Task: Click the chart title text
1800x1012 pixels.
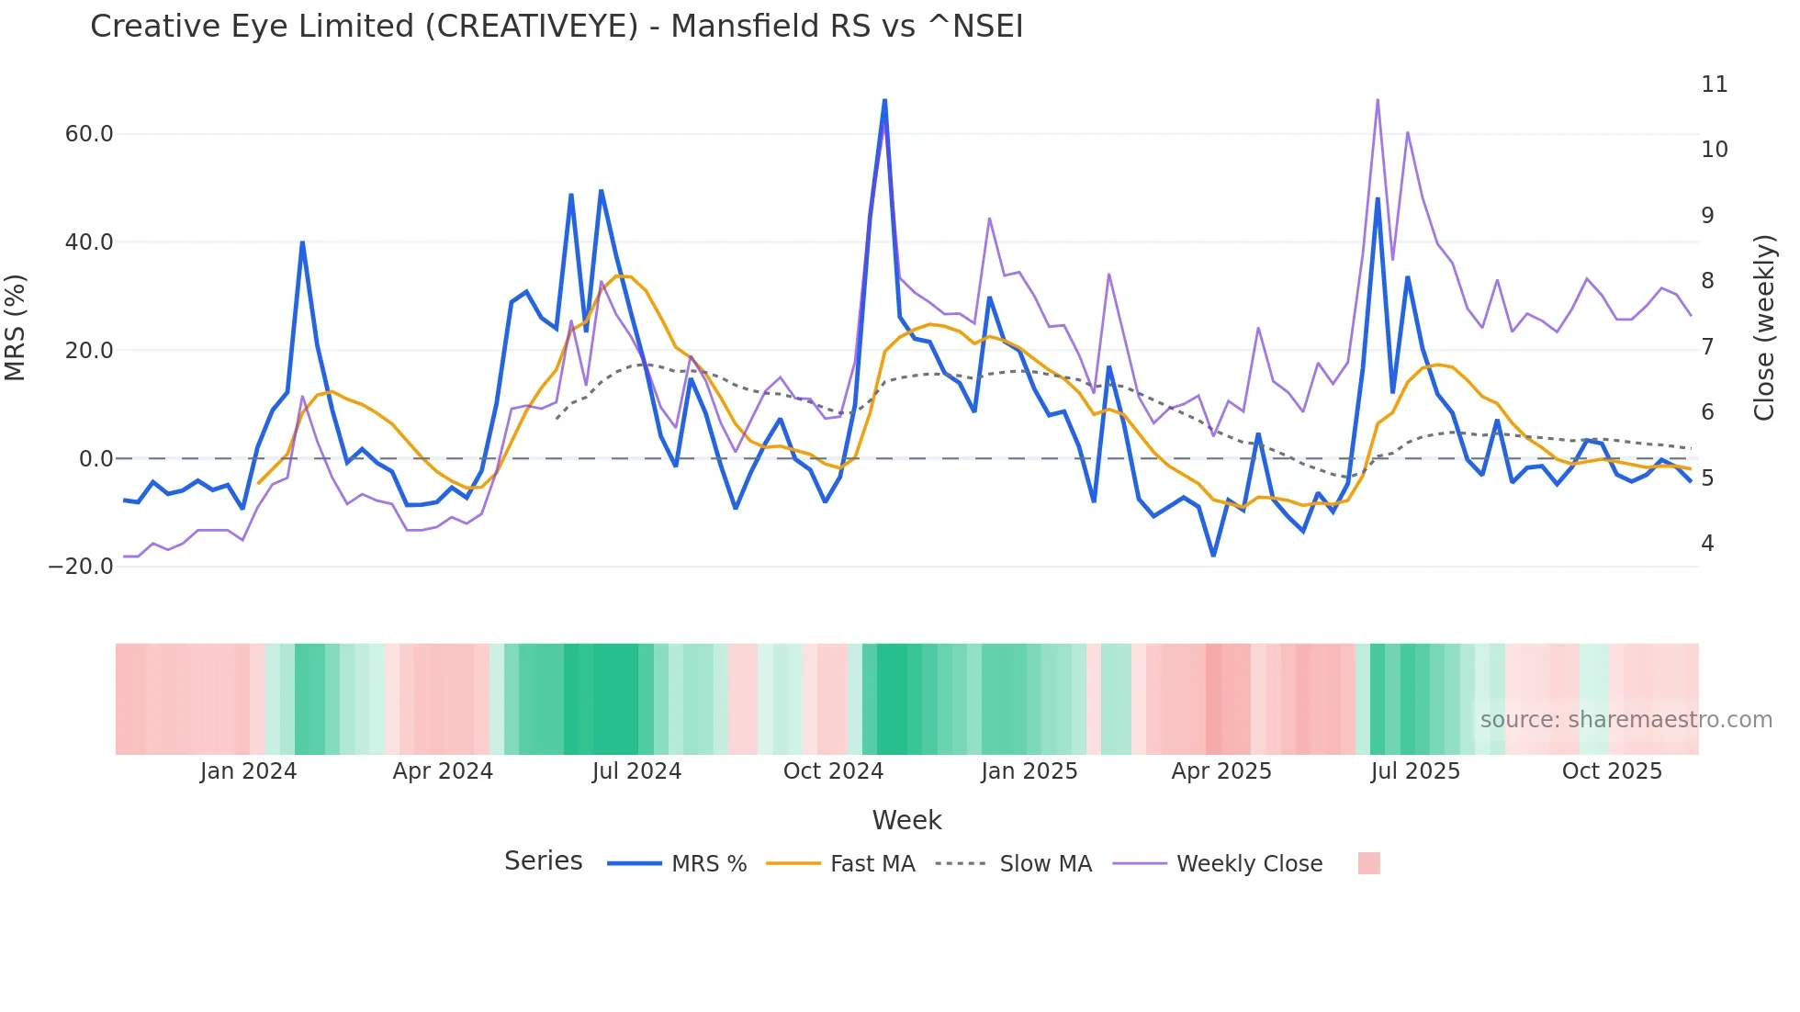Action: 557,27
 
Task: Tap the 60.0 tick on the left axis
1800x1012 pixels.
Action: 89,134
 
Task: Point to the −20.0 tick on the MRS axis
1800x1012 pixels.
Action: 81,567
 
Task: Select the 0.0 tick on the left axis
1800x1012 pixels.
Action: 96,459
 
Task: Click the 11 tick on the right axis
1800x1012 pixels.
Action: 1714,84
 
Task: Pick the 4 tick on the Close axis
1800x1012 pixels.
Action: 1707,544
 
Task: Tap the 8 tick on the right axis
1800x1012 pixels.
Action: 1707,281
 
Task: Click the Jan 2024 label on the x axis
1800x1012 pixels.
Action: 248,771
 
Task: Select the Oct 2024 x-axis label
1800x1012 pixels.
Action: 833,771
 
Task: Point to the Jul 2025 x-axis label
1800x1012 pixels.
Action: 1415,771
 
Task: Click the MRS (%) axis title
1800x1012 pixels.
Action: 16,328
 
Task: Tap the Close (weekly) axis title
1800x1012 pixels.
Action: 1764,328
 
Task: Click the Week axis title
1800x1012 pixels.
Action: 906,820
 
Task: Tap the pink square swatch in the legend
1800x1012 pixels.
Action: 1368,863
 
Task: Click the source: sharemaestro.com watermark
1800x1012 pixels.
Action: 1626,720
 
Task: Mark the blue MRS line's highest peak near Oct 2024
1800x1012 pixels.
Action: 884,100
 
